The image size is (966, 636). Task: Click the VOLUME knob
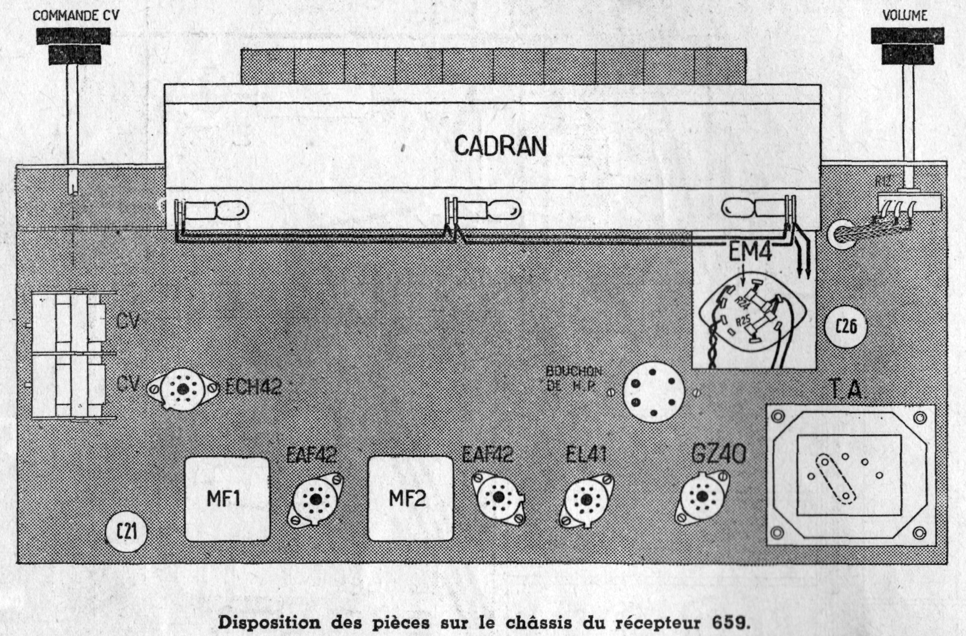907,45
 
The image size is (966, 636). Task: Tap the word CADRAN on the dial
500,146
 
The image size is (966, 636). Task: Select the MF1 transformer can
227,499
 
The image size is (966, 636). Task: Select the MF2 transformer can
410,499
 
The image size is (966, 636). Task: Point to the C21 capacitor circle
127,532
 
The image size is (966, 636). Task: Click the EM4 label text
750,252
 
